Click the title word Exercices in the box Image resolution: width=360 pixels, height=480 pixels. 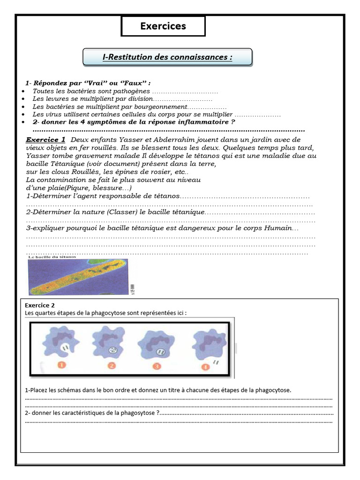point(163,26)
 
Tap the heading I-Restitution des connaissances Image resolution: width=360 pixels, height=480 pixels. point(167,57)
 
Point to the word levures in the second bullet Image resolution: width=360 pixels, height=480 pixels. point(52,99)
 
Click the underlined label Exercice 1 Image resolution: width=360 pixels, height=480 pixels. point(45,140)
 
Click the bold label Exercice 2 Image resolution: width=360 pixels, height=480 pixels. point(40,305)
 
